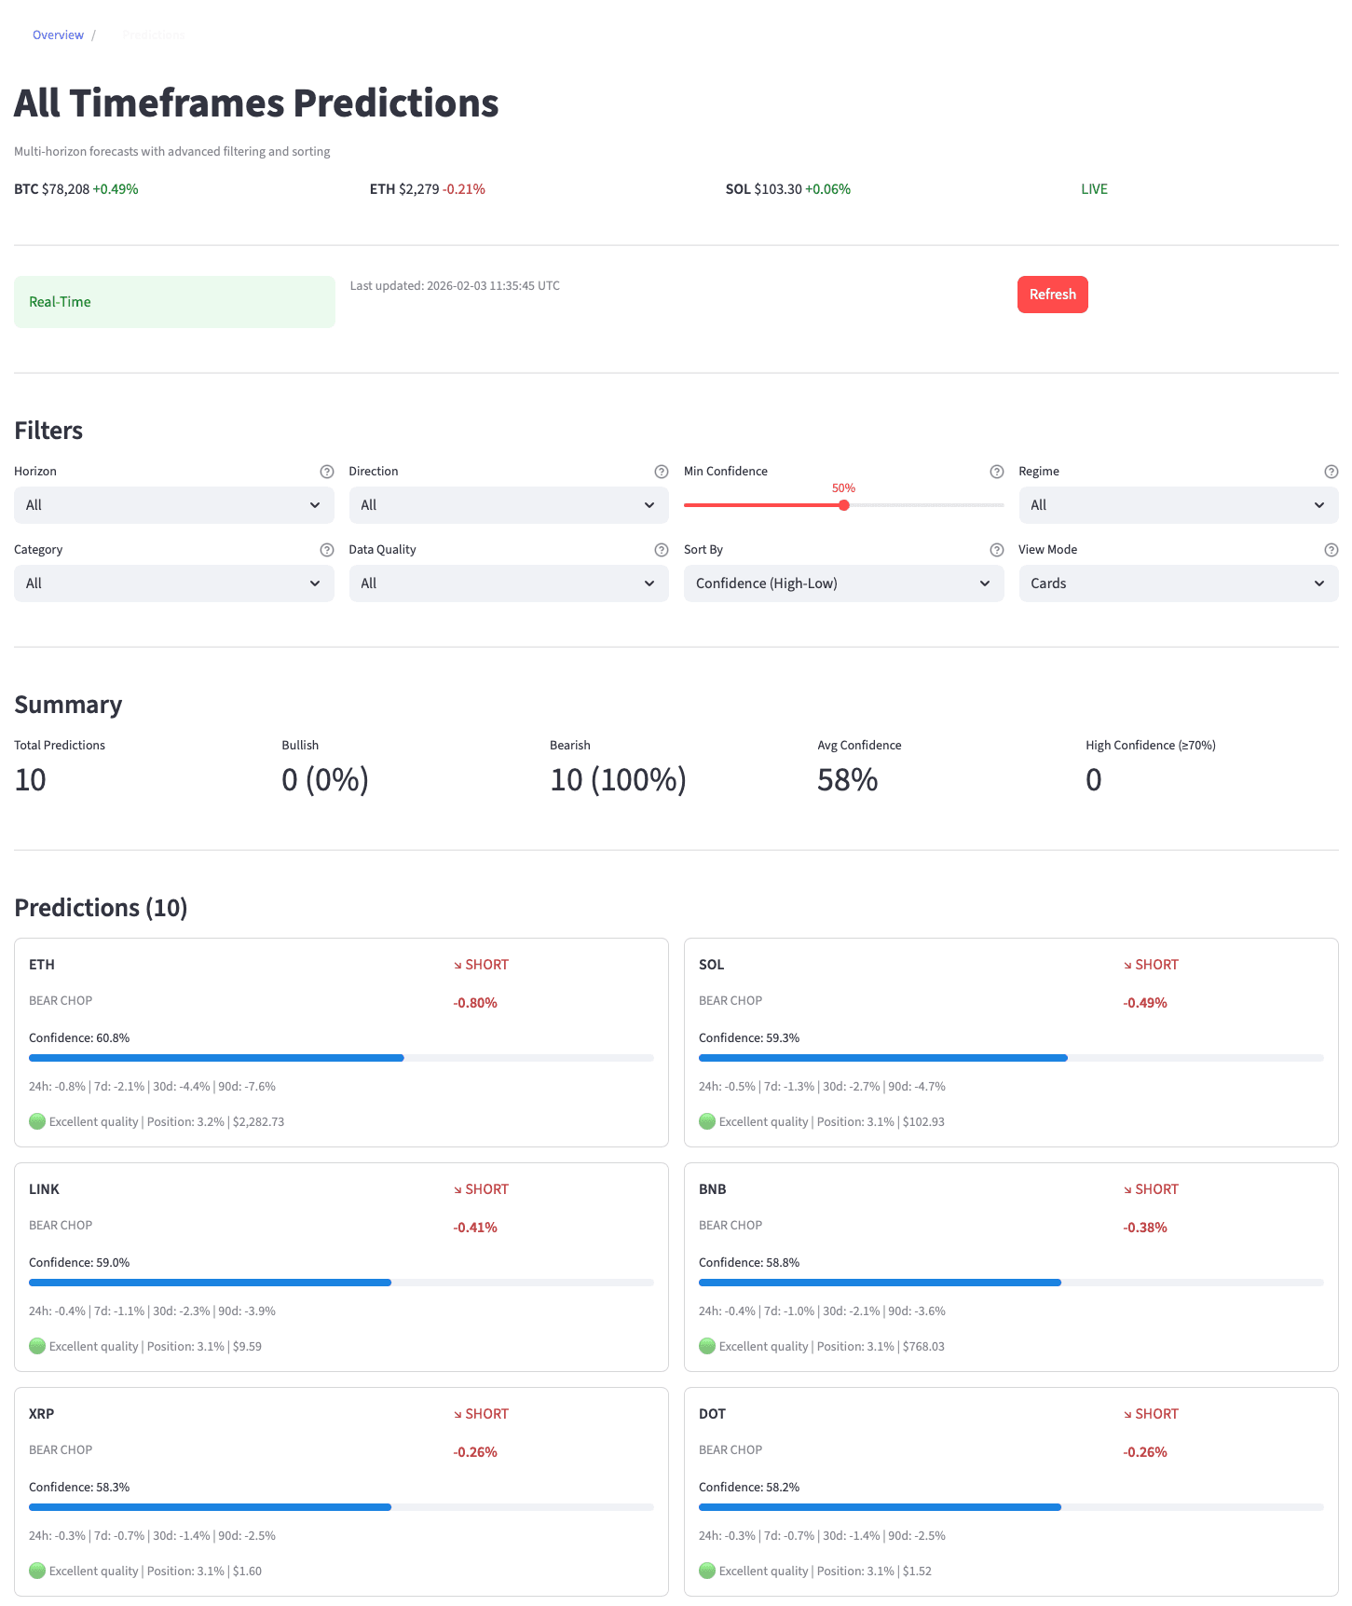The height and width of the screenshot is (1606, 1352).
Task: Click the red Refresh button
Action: [1052, 295]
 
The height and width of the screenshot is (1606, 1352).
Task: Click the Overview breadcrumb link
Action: [58, 35]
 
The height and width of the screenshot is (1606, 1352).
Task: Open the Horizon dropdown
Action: [173, 505]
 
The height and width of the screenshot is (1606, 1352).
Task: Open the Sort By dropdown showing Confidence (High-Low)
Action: [843, 583]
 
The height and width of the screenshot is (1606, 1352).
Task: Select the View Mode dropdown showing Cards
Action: [1178, 583]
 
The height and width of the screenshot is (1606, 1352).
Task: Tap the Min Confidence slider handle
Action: [843, 505]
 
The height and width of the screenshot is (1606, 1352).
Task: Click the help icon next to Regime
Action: [1331, 472]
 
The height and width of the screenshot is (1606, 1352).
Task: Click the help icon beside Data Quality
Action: [661, 550]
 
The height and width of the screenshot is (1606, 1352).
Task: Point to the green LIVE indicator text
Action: [1094, 189]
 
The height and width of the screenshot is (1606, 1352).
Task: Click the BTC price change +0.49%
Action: [116, 189]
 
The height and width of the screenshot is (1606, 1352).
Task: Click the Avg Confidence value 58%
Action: [847, 780]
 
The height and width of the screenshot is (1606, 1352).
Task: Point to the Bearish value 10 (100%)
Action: [618, 780]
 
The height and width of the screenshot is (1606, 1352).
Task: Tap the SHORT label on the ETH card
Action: [486, 965]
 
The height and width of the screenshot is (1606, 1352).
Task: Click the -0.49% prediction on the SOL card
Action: [1145, 1003]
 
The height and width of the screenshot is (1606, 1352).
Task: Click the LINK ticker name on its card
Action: [44, 1189]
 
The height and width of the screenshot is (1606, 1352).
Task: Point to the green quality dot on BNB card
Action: [707, 1346]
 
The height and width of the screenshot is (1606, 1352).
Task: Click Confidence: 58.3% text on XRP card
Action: [79, 1487]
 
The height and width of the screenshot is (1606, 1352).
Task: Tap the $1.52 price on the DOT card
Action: [917, 1571]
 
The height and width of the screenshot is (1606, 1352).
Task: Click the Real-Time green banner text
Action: [60, 302]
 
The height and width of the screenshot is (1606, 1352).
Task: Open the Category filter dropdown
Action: [173, 583]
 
